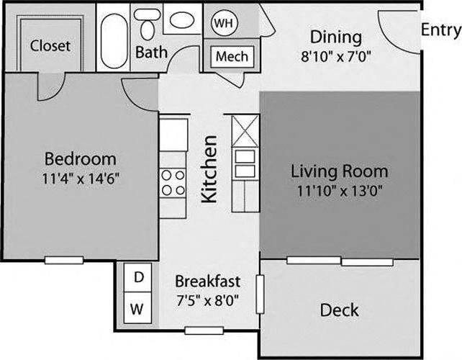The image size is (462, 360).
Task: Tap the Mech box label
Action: pyautogui.click(x=232, y=56)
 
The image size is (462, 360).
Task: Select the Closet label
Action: pyautogui.click(x=50, y=46)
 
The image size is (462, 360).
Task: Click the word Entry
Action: pyautogui.click(x=440, y=30)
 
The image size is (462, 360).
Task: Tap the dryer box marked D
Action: pyautogui.click(x=138, y=276)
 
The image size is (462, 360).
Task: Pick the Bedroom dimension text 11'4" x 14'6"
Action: pyautogui.click(x=80, y=176)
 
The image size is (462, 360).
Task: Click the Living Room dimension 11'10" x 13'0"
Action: pyautogui.click(x=339, y=191)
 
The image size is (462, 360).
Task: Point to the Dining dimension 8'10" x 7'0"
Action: pyautogui.click(x=335, y=55)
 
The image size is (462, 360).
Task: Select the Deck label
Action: pyautogui.click(x=339, y=310)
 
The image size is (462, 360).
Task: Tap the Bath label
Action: pyautogui.click(x=151, y=53)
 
